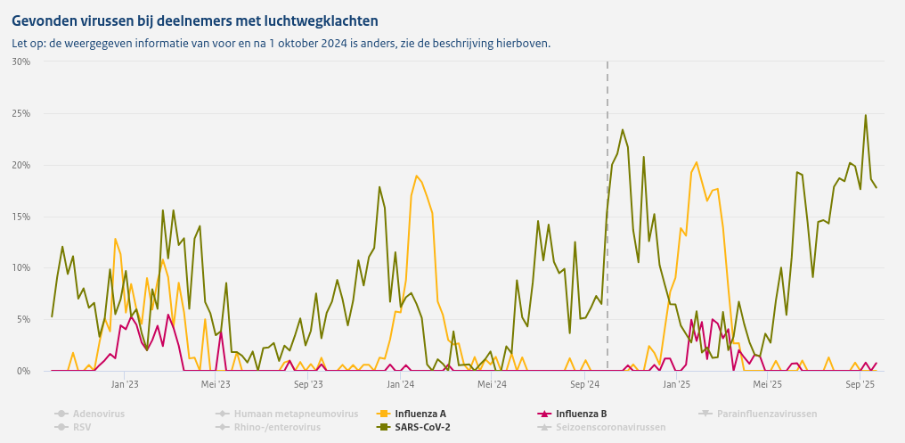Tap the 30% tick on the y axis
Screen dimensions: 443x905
21,62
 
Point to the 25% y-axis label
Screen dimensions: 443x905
21,113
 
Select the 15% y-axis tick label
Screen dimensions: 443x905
21,217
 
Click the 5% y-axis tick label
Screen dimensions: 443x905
23,319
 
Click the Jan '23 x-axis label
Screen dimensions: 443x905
125,385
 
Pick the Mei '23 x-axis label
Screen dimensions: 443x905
216,385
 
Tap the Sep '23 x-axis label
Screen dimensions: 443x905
307,385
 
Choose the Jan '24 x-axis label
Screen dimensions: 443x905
400,385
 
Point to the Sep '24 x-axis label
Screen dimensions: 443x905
584,385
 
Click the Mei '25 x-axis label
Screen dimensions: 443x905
767,385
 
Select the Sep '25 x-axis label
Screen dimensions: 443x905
860,385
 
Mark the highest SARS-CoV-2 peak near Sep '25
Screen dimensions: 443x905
865,115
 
